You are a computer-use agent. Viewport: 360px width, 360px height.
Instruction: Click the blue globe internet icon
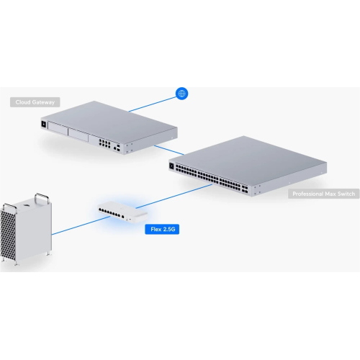(x=182, y=94)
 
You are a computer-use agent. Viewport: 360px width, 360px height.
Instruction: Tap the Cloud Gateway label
(x=35, y=102)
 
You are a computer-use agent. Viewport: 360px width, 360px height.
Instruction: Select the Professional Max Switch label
(x=324, y=194)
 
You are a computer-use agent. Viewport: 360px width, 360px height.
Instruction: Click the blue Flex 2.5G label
(x=162, y=229)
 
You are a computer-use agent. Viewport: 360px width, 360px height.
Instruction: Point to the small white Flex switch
(x=123, y=212)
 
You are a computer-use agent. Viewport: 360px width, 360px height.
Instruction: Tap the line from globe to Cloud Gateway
(x=153, y=104)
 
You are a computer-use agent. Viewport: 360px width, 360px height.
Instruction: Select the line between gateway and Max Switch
(x=169, y=150)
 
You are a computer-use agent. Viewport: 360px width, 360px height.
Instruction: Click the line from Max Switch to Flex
(x=174, y=197)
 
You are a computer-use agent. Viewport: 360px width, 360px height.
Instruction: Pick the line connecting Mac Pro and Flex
(x=81, y=225)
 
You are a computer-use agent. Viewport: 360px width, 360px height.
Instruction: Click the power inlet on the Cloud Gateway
(x=44, y=124)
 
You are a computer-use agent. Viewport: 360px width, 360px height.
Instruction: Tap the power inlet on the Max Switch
(x=171, y=166)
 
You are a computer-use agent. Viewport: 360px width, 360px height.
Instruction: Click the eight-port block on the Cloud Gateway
(x=104, y=143)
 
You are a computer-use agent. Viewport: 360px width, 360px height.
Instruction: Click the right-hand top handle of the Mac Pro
(x=42, y=199)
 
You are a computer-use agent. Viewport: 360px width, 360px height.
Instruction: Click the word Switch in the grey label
(x=346, y=194)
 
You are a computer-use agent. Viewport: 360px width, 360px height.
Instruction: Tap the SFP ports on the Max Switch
(x=245, y=189)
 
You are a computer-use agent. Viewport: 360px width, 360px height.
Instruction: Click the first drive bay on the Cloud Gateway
(x=58, y=128)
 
